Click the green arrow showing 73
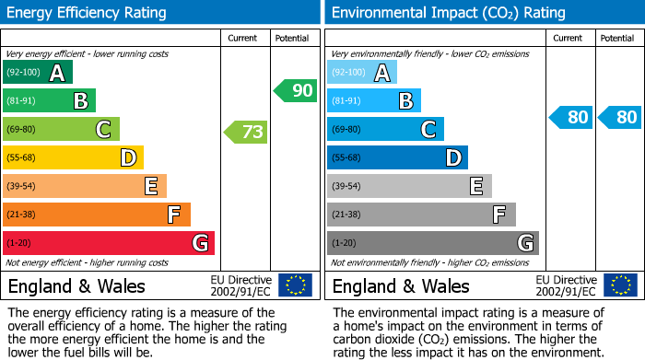click(x=247, y=132)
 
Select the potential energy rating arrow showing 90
click(x=296, y=90)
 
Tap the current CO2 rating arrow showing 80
click(x=570, y=117)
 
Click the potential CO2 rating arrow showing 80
click(x=619, y=117)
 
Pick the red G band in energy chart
click(x=109, y=243)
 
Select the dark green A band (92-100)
click(x=38, y=73)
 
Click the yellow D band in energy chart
click(x=73, y=158)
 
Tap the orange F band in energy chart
click(x=97, y=215)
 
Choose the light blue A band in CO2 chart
click(x=362, y=73)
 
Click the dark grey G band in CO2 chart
click(x=433, y=243)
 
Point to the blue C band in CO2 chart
click(x=385, y=130)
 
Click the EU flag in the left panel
click(x=295, y=285)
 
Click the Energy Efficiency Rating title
click(x=88, y=13)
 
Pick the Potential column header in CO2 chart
click(x=617, y=38)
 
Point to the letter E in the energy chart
click(x=150, y=187)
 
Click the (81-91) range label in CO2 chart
click(x=347, y=101)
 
